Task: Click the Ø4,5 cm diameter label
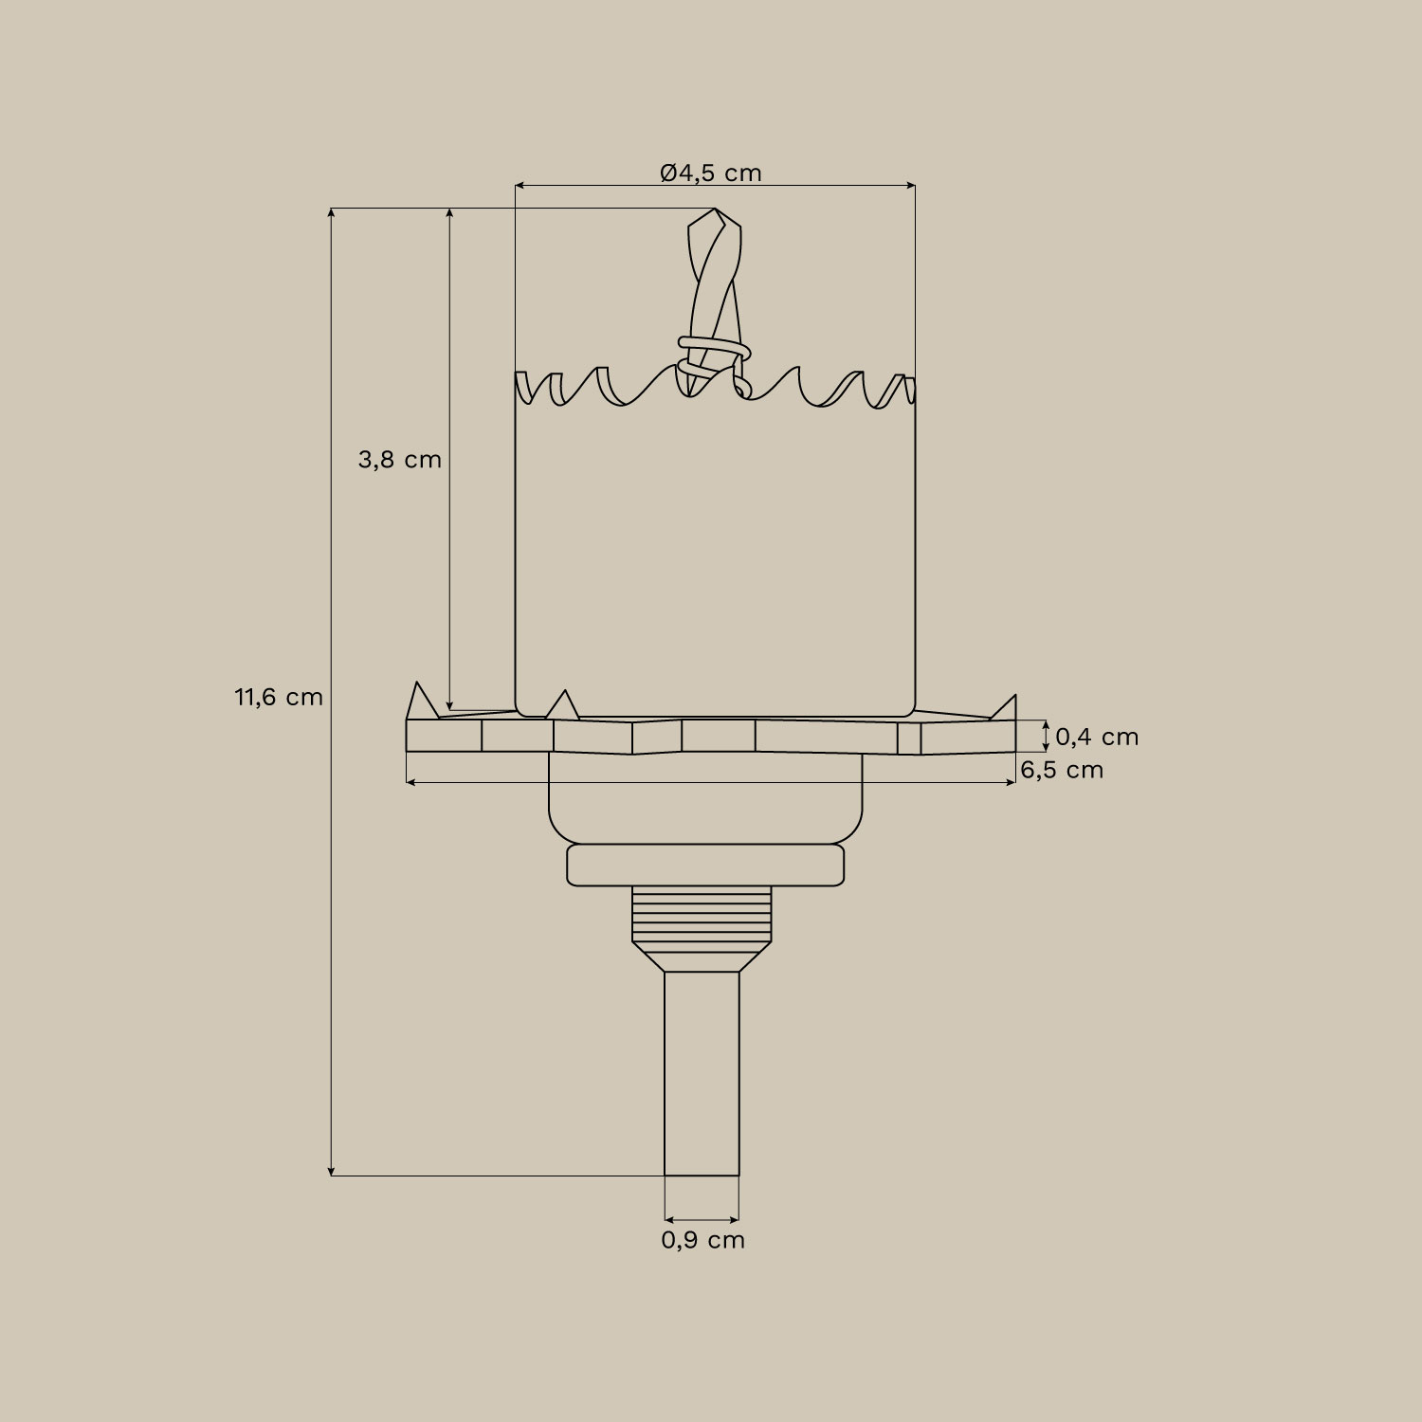tap(711, 173)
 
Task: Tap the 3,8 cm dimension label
tap(399, 460)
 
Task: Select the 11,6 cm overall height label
tap(279, 698)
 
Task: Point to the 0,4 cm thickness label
tap(1096, 737)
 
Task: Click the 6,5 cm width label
tap(1062, 770)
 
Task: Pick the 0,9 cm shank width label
tap(702, 1240)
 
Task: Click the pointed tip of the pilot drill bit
tap(714, 210)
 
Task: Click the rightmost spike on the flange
tap(1007, 708)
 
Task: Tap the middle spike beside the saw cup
tap(563, 704)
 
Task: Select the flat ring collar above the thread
tap(704, 866)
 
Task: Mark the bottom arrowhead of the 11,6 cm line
tap(331, 1171)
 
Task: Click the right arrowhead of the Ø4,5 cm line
tap(911, 186)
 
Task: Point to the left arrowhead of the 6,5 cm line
tap(410, 782)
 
